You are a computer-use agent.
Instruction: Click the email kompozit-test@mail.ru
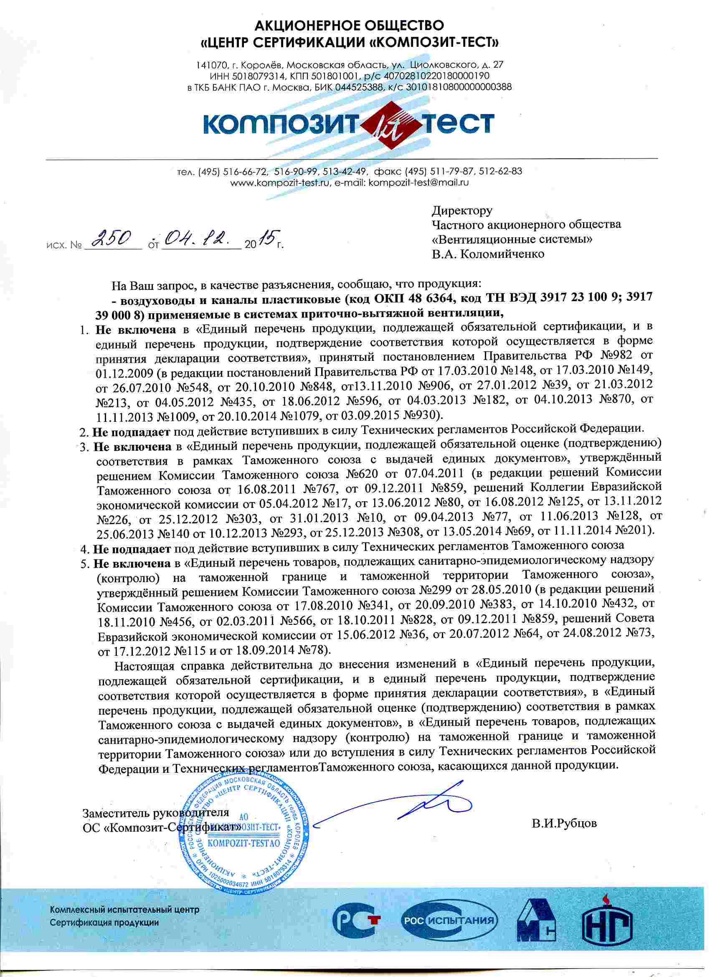pos(419,182)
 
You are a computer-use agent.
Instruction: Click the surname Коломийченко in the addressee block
pos(502,254)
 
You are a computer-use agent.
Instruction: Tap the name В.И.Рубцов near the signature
pos(564,823)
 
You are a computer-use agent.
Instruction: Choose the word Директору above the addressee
pos(462,211)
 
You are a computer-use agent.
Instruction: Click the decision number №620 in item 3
pos(362,474)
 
